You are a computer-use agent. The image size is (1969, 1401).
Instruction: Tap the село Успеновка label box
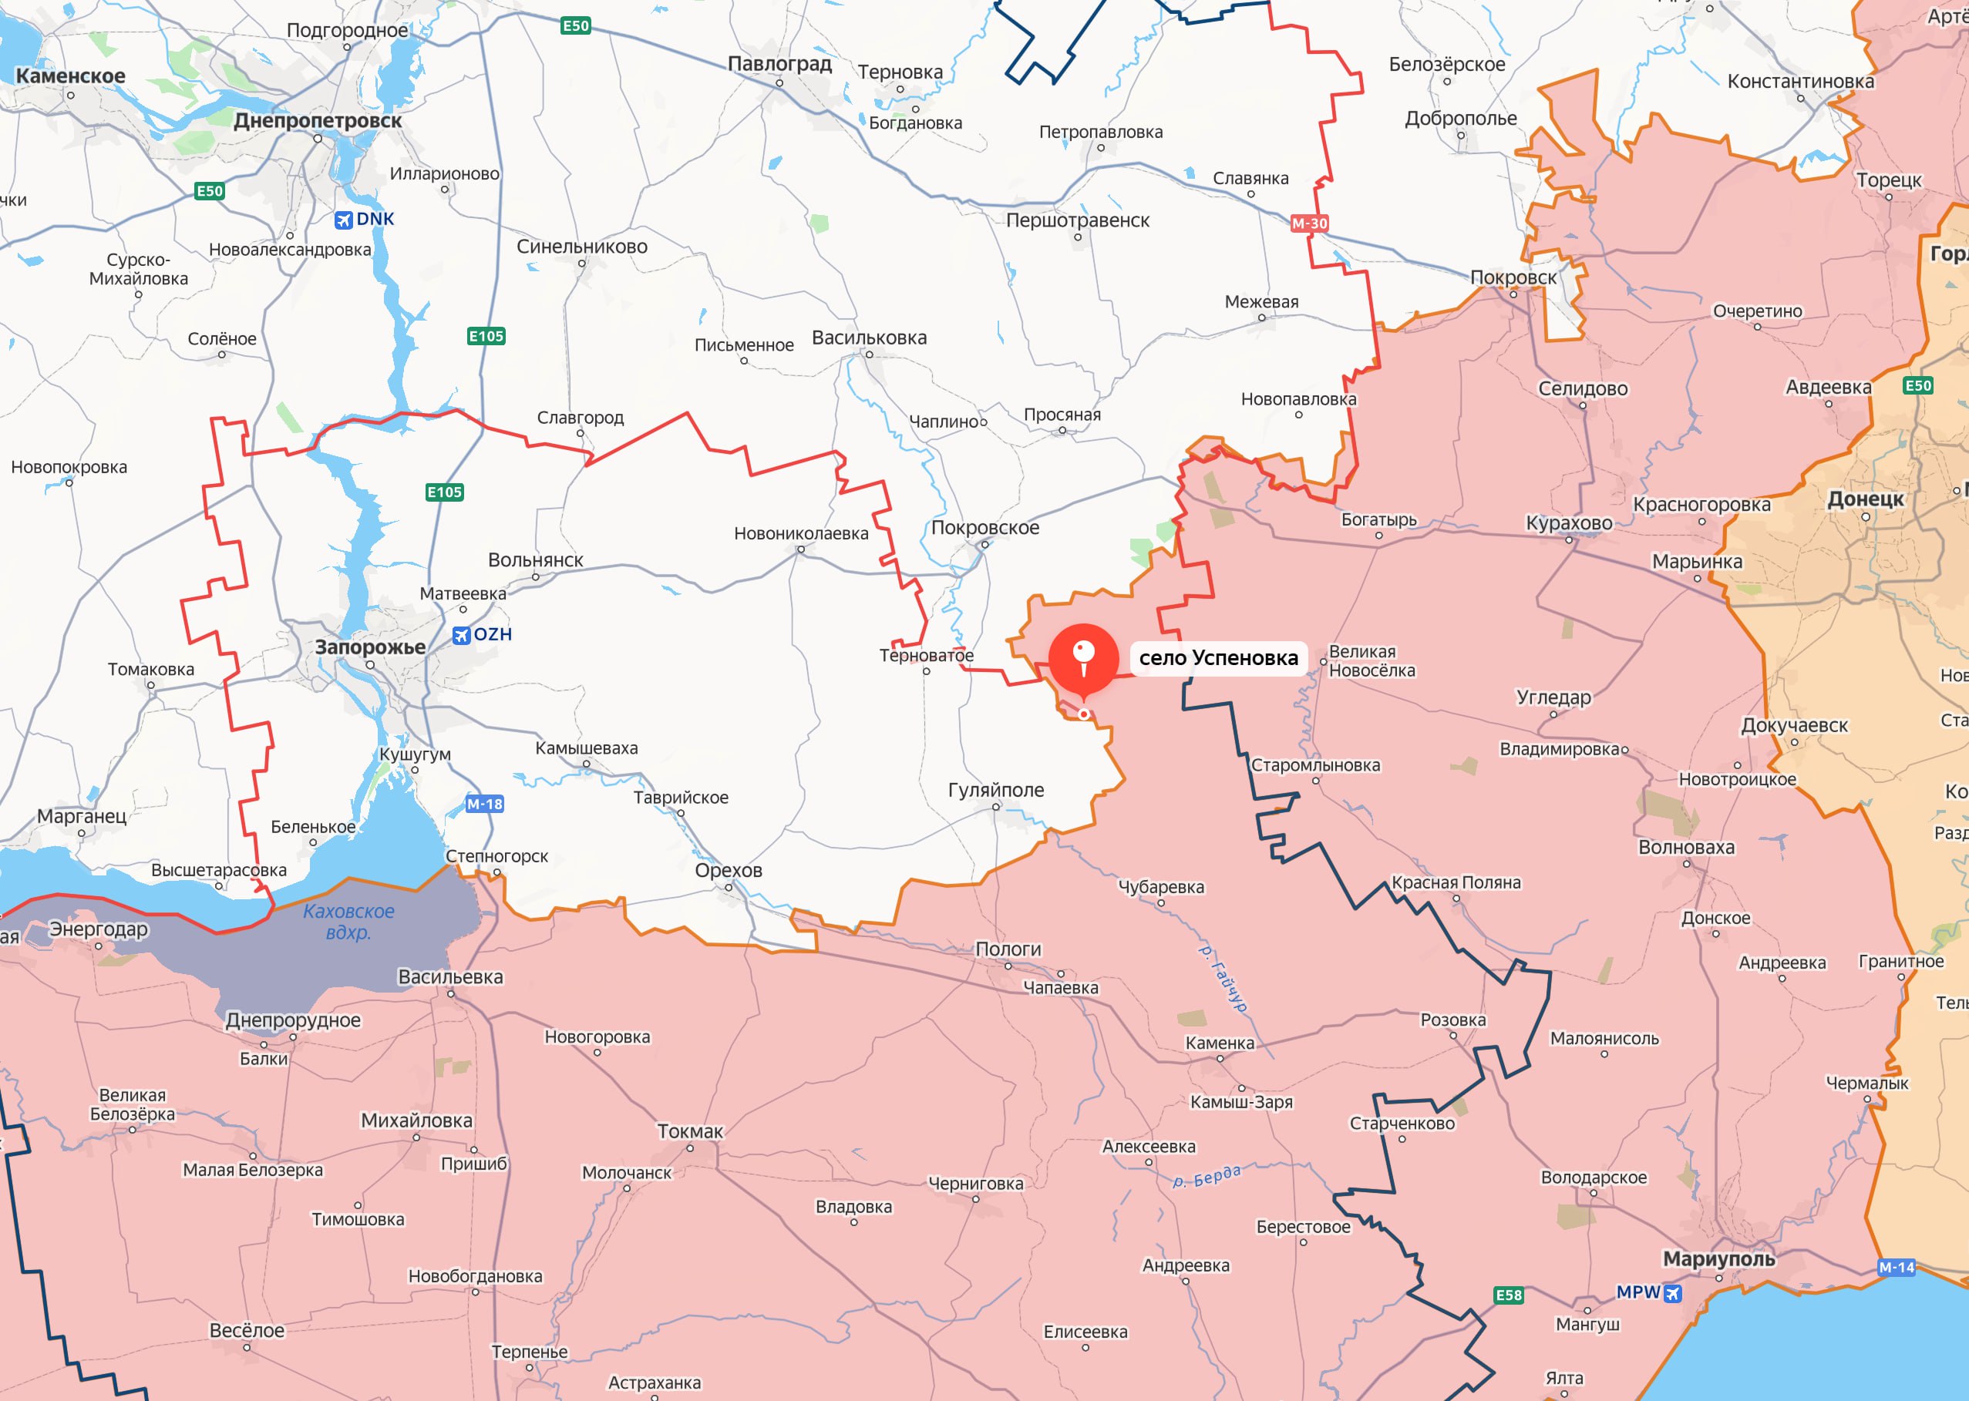click(1217, 658)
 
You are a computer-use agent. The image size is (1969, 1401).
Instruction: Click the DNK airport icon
click(343, 220)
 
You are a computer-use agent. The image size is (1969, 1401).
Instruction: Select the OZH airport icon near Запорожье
click(462, 635)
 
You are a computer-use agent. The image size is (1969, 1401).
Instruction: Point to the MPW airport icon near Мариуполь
click(1672, 1292)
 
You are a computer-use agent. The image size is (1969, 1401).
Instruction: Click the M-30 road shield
click(1309, 223)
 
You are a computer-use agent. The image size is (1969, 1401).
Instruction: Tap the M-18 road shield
click(484, 804)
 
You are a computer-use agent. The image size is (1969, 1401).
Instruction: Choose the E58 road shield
click(1508, 1295)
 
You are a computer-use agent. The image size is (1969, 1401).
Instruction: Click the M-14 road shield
click(1896, 1267)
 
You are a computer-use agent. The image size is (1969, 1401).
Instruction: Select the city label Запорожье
click(370, 647)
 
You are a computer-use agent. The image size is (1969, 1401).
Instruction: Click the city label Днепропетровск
click(318, 121)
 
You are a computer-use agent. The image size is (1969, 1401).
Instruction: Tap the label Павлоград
click(779, 64)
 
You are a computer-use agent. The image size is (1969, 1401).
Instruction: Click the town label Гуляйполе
click(996, 789)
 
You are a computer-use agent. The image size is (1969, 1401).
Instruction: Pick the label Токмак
click(689, 1131)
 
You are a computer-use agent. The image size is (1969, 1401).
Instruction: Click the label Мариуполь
click(1718, 1258)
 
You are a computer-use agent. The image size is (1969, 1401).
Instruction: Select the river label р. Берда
click(1207, 1176)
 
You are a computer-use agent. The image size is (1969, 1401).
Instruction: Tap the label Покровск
click(1513, 277)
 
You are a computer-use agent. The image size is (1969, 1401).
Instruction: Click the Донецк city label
click(1866, 499)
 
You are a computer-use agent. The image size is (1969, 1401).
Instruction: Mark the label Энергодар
click(99, 929)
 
